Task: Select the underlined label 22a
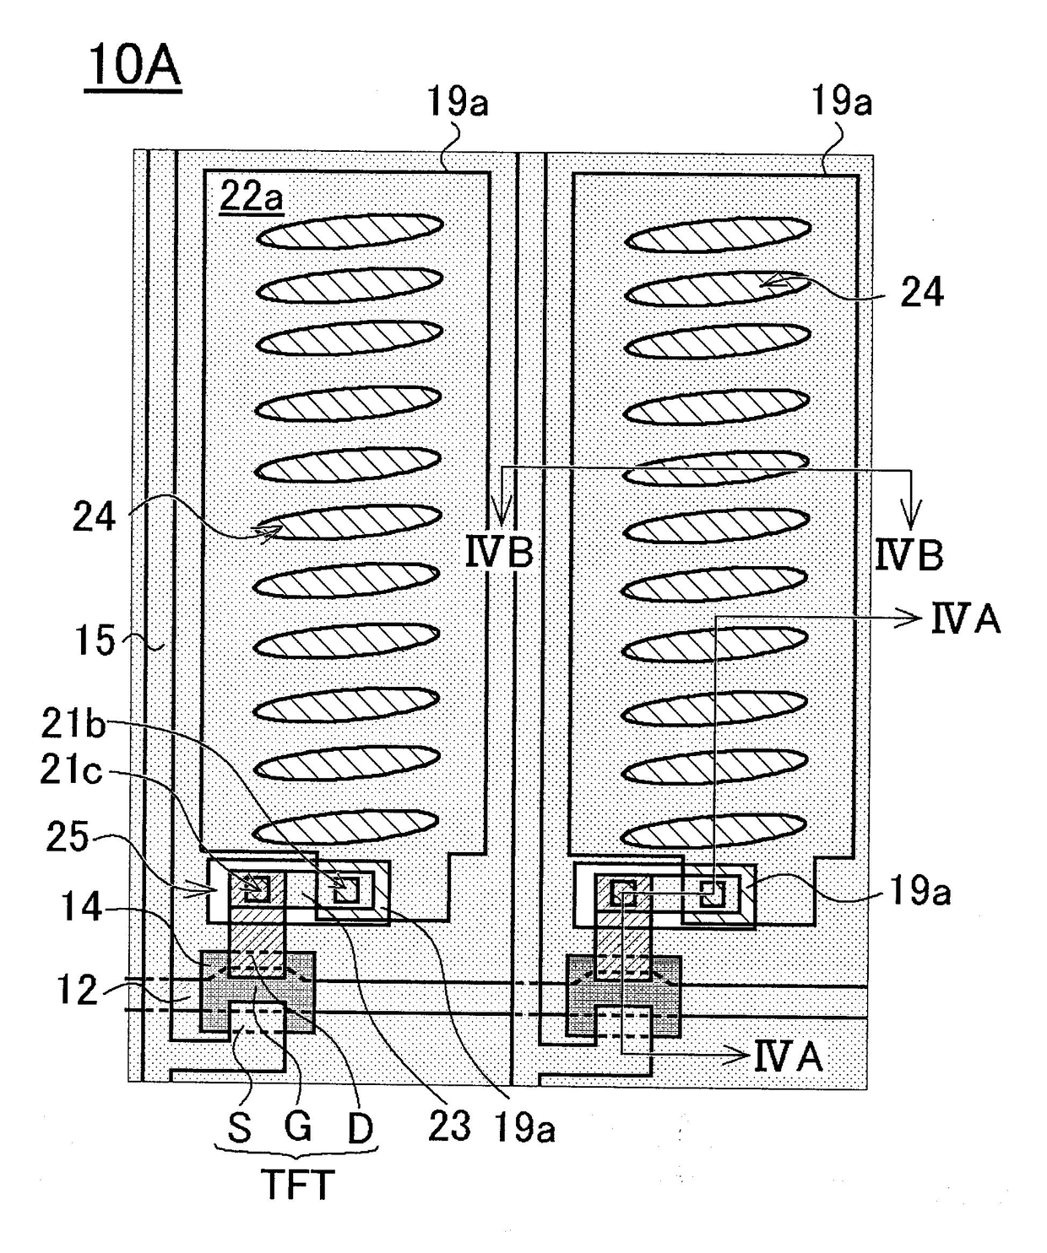[x=251, y=197]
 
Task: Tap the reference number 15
[x=95, y=640]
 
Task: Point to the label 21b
[x=73, y=724]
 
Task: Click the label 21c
[x=71, y=772]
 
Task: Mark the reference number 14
[x=82, y=907]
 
